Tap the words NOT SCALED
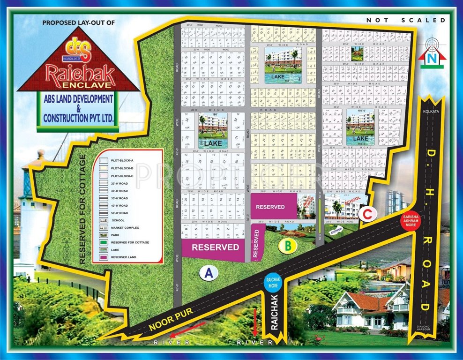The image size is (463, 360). point(406,20)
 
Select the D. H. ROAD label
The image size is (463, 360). point(425,225)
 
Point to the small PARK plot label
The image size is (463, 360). point(358,58)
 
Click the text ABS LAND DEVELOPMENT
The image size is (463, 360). point(78,99)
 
